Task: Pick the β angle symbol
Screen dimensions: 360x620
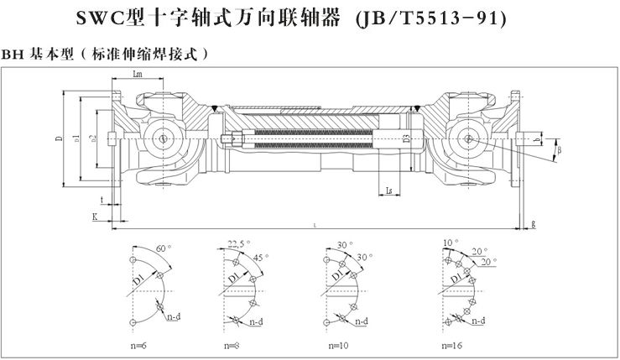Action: [x=561, y=151]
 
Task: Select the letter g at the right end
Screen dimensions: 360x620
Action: [x=533, y=223]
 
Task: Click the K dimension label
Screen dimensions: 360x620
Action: [x=94, y=217]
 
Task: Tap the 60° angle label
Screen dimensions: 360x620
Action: [x=164, y=249]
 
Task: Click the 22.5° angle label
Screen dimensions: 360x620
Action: [x=239, y=243]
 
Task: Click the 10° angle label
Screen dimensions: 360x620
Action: [x=451, y=243]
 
